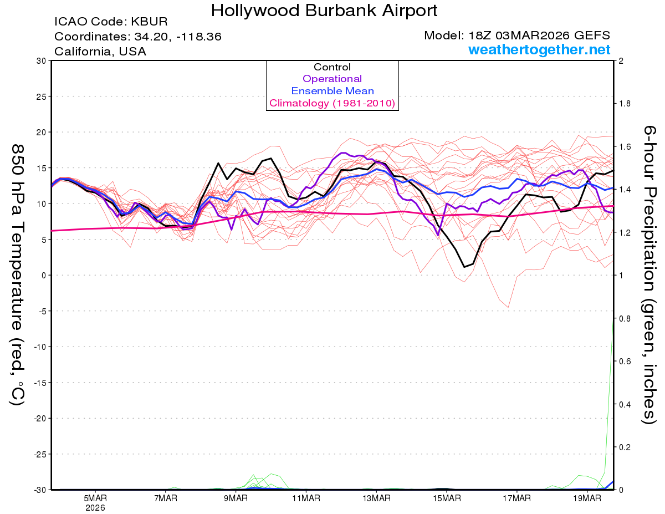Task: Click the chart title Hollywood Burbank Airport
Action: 324,11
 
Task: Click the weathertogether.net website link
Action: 539,50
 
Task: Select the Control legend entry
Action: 332,67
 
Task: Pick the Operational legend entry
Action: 332,79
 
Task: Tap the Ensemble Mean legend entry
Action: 332,91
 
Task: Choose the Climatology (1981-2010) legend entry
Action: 332,103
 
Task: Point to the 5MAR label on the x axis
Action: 95,498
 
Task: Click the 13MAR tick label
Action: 376,498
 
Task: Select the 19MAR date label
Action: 587,498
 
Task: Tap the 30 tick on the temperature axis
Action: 40,61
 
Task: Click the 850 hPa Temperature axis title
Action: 17,274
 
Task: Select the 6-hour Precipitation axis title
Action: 649,274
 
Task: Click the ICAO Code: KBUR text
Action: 111,22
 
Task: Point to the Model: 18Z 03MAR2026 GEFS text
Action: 517,35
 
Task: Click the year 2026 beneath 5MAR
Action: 95,507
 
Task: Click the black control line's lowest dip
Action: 464,267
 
